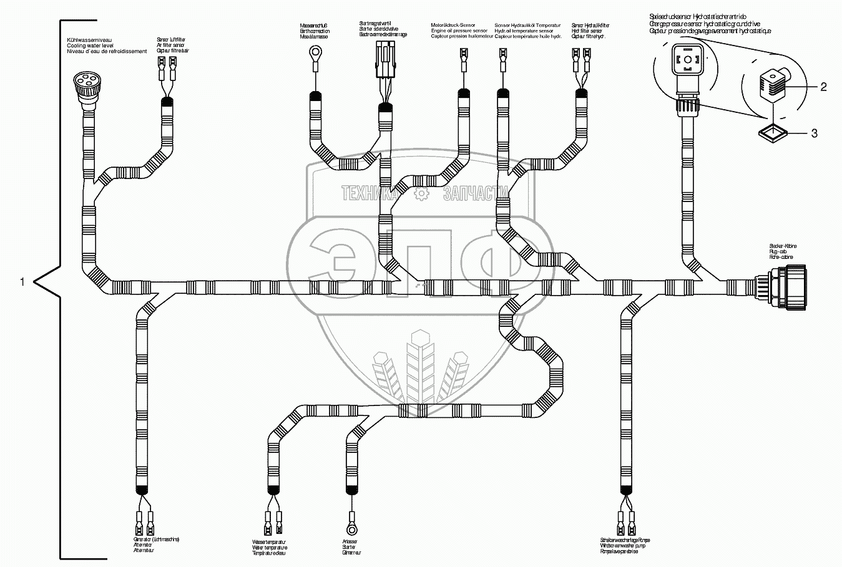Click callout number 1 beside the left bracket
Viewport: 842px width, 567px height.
click(22, 282)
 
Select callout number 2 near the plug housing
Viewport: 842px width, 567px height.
click(823, 87)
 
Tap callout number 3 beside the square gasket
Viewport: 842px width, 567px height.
click(814, 133)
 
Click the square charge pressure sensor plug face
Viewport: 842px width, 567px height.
click(687, 61)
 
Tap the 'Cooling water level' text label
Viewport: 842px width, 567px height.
click(89, 46)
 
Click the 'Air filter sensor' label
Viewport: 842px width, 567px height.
click(171, 46)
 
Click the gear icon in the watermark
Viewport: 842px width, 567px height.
click(422, 194)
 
